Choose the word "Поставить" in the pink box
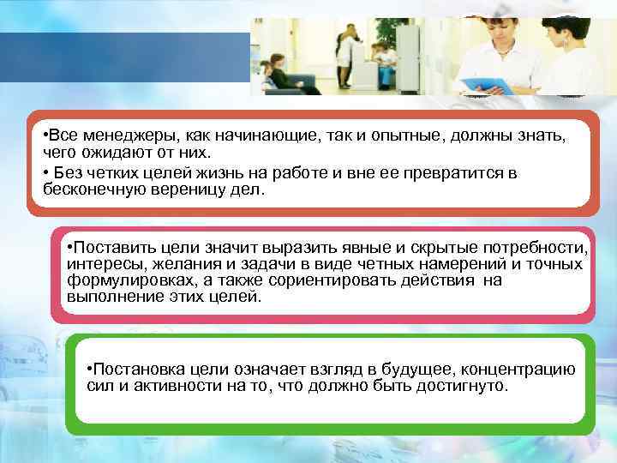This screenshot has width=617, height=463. (105, 249)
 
